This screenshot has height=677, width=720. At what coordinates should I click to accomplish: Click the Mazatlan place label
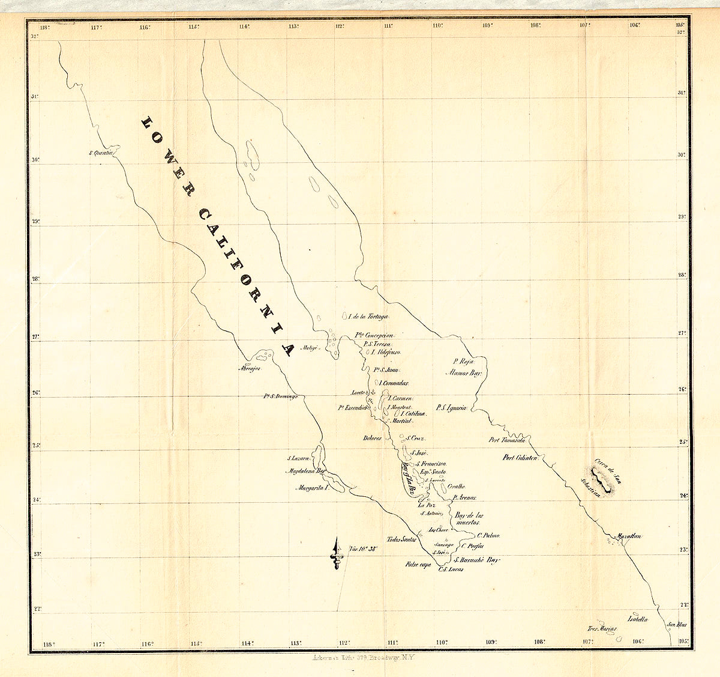point(629,536)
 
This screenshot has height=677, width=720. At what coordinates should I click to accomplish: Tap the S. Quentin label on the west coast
point(101,153)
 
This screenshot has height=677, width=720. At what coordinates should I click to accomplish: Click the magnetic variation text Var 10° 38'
point(362,548)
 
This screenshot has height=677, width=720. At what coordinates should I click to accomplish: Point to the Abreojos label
point(251,368)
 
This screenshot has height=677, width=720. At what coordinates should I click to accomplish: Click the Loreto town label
point(358,392)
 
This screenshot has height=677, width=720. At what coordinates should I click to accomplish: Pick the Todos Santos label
point(401,539)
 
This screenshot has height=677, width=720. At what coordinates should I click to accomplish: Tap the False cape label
point(418,565)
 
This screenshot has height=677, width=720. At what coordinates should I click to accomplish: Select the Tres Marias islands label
point(602,629)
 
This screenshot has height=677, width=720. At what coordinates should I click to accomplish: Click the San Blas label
point(676,625)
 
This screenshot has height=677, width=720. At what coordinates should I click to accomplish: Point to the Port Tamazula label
point(508,440)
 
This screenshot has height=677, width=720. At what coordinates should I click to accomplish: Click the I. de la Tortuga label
point(368,317)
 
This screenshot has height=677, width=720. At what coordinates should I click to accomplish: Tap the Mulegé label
point(309,347)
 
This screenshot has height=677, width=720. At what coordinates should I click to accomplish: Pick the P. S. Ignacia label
point(451,408)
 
